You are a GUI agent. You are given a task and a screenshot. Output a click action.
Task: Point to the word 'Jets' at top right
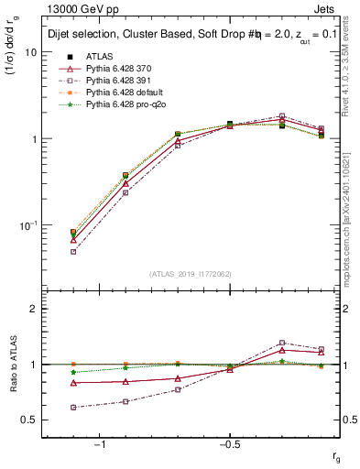point(327,10)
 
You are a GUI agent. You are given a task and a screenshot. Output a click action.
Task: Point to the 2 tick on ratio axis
point(34,309)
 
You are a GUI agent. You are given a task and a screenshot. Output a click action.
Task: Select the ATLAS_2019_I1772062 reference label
point(190,274)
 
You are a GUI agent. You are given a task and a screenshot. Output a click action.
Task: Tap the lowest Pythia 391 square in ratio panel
point(73,408)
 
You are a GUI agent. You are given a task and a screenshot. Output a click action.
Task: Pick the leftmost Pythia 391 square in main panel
point(73,251)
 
